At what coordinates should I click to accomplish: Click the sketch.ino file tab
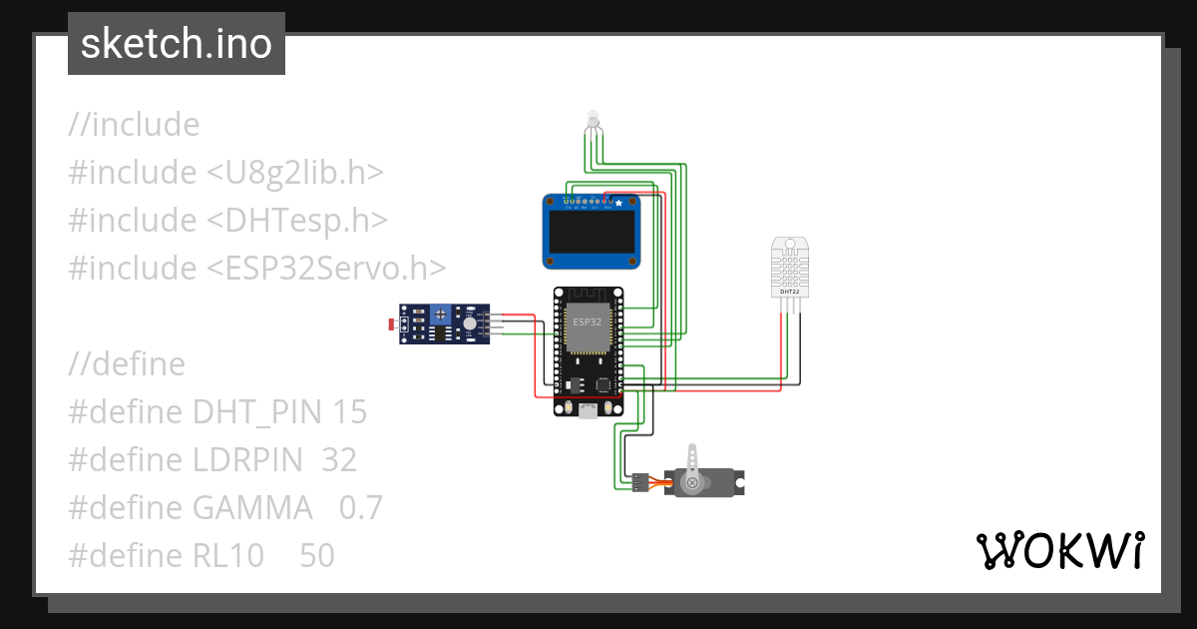point(176,44)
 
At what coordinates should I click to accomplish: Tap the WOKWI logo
point(1058,550)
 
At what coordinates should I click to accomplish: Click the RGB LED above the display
point(593,121)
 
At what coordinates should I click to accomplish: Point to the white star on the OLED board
point(618,204)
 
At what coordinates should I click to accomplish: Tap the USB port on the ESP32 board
point(589,409)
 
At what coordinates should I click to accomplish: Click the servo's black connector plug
point(637,482)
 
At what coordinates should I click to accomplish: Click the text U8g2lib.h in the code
point(295,172)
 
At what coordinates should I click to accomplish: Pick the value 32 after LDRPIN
point(339,459)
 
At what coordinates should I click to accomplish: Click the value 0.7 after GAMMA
point(361,507)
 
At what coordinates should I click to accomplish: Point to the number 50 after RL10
point(317,555)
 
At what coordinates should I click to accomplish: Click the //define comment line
point(127,363)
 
